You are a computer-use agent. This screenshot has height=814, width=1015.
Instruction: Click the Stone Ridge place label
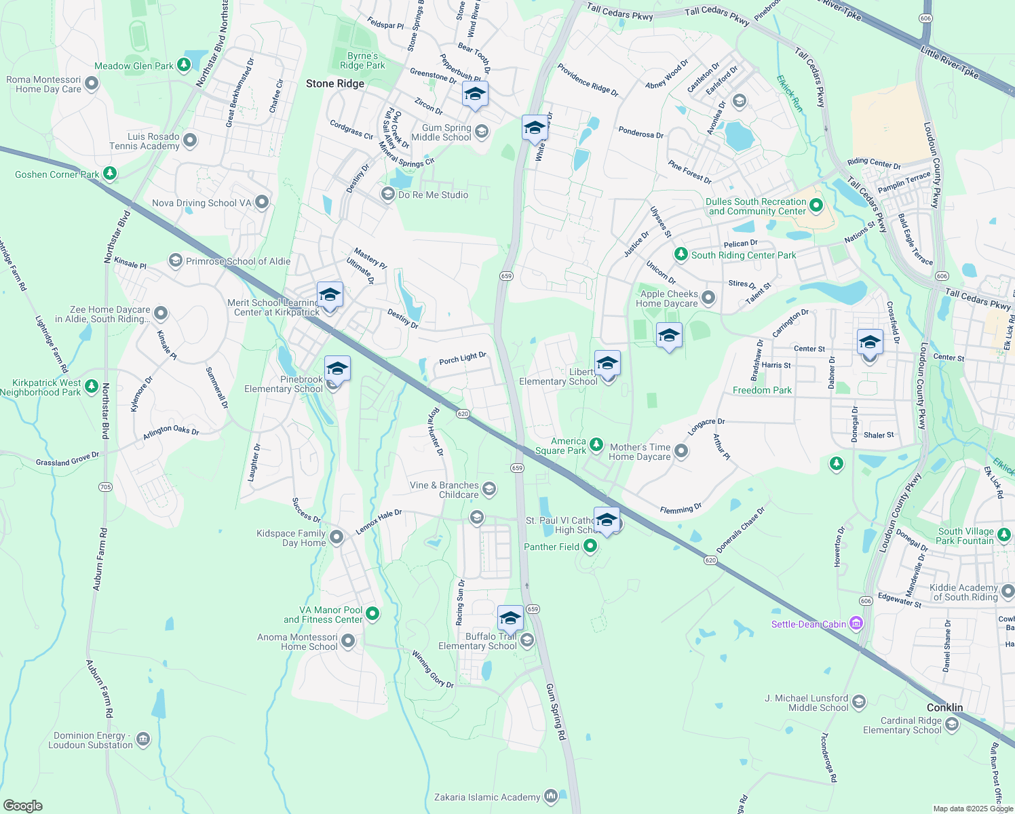[x=335, y=83]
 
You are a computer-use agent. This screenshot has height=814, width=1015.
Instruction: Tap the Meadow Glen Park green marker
[x=183, y=66]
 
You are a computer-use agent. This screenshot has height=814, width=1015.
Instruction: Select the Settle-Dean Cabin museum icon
[x=856, y=623]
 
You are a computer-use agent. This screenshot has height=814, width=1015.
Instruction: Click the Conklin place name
[x=944, y=708]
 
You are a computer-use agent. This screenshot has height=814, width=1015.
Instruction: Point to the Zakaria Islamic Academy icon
[x=550, y=796]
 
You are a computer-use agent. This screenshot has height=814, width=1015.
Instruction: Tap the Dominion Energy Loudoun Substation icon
[x=142, y=739]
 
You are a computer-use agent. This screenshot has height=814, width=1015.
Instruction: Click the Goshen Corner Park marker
[x=109, y=174]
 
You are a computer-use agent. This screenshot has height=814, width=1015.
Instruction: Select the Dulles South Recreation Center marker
[x=816, y=205]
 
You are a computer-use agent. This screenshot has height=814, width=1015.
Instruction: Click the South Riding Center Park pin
[x=681, y=254]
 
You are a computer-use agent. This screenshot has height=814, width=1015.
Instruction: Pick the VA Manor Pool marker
[x=372, y=615]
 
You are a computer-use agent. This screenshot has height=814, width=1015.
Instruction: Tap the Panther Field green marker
[x=590, y=546]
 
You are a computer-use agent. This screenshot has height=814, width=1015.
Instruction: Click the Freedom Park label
[x=762, y=390]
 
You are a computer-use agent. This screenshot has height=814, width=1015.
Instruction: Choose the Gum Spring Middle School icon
[x=482, y=132]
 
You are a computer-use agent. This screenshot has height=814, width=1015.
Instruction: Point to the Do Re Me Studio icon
[x=387, y=195]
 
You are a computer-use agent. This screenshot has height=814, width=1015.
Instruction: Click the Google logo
[x=22, y=805]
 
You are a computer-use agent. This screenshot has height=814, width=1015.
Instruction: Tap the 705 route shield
[x=105, y=487]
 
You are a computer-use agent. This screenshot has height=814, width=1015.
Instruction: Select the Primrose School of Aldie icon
[x=176, y=261]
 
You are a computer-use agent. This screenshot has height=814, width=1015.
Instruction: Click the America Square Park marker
[x=596, y=445]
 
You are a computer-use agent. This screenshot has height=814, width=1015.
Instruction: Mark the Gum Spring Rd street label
[x=556, y=711]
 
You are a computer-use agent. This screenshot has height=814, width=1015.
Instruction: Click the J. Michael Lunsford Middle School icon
[x=859, y=702]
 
